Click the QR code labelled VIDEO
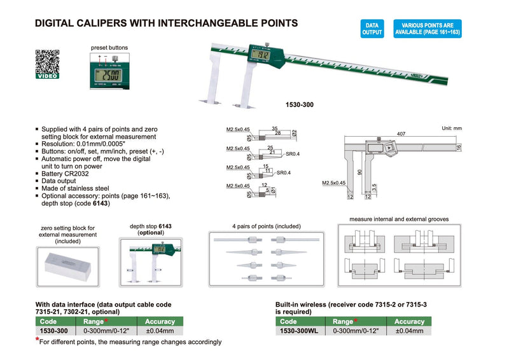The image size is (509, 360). point(47,64)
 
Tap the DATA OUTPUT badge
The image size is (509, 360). point(372,28)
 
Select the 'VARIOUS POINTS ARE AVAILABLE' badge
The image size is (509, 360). point(428,28)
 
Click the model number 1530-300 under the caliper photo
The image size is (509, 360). point(300,104)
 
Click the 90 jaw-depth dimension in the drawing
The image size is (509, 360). point(359,172)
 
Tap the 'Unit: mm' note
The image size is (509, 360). point(450,128)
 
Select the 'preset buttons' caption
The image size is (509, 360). point(109,48)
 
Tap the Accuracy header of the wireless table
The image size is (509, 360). point(409,322)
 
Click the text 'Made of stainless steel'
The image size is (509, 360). point(75,188)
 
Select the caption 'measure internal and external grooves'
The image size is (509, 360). point(399,219)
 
